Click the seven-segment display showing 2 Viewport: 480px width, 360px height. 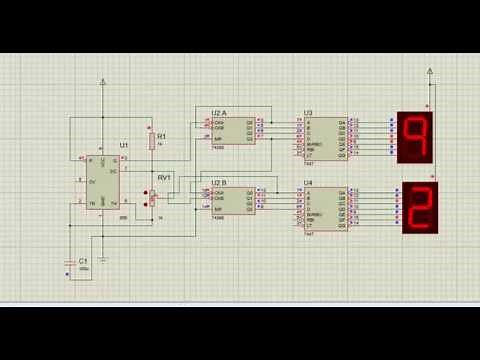click(x=419, y=208)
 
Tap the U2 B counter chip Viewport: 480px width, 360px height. click(x=233, y=198)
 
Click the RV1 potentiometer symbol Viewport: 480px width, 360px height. click(x=153, y=198)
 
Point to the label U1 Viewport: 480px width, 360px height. click(x=123, y=146)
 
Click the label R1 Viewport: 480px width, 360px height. click(x=162, y=135)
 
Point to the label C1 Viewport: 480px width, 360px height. click(x=84, y=258)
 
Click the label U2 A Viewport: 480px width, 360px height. click(x=219, y=111)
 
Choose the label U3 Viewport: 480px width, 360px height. click(x=308, y=112)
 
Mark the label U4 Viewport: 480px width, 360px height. click(x=308, y=183)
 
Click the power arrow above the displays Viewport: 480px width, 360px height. click(x=430, y=71)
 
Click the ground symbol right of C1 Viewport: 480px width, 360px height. click(x=103, y=257)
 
